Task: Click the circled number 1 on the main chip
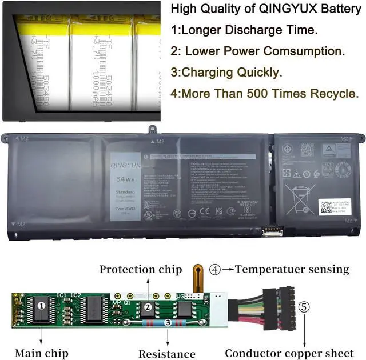[x=42, y=306]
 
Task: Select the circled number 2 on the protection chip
[x=148, y=307]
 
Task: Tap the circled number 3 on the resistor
[x=167, y=322]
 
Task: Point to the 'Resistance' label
[x=168, y=354]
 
